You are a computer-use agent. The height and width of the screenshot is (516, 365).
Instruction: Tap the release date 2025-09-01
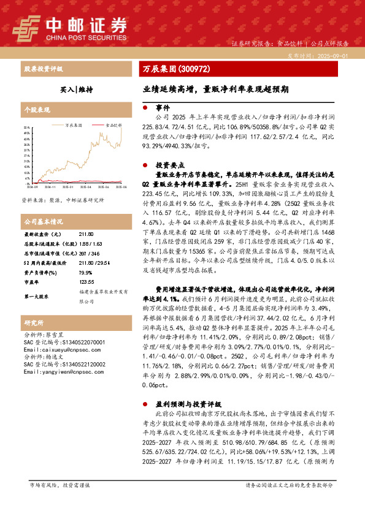pyautogui.click(x=334, y=55)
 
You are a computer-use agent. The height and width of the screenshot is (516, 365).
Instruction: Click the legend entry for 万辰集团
pyautogui.click(x=74, y=124)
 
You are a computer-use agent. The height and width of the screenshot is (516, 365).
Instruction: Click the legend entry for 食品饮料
pyautogui.click(x=113, y=124)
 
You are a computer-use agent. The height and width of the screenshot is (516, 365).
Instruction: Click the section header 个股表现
pyautogui.click(x=36, y=110)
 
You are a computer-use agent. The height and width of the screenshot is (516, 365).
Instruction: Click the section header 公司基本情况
pyautogui.click(x=43, y=221)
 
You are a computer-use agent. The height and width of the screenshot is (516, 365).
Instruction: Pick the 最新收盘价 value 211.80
pyautogui.click(x=86, y=234)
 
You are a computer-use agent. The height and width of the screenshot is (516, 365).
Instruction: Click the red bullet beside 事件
pyautogui.click(x=145, y=106)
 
